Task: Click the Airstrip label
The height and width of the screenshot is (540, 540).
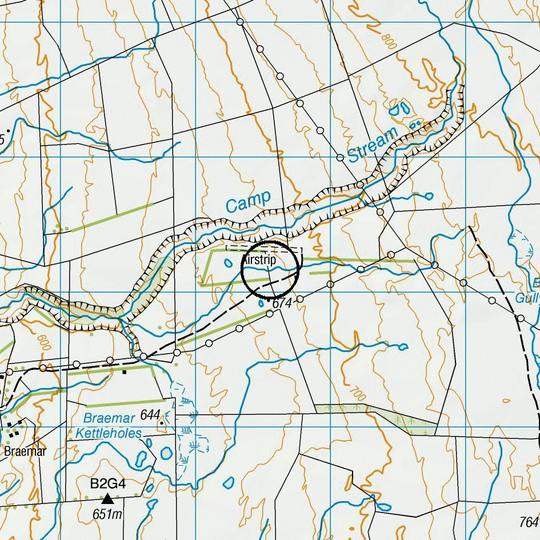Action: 259,260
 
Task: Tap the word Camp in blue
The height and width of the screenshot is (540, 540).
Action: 248,202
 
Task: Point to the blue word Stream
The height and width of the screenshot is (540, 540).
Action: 372,145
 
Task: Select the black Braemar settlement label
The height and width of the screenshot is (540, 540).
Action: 25,451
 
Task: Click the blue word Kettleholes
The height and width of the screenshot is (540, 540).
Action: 109,434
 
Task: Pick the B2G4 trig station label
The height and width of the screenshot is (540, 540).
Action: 107,484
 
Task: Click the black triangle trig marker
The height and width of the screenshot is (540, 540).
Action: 107,499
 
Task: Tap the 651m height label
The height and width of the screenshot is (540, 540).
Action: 107,514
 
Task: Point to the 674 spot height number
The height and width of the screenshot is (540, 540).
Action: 282,303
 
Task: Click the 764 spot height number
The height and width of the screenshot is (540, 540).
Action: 529,522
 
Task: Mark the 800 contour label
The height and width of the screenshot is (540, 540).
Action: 389,41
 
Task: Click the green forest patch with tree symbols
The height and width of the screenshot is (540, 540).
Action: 400,420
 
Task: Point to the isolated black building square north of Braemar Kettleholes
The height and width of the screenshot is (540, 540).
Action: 125,372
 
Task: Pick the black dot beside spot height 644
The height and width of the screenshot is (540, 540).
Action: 162,423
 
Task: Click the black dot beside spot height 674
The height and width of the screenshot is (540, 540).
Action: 269,300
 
